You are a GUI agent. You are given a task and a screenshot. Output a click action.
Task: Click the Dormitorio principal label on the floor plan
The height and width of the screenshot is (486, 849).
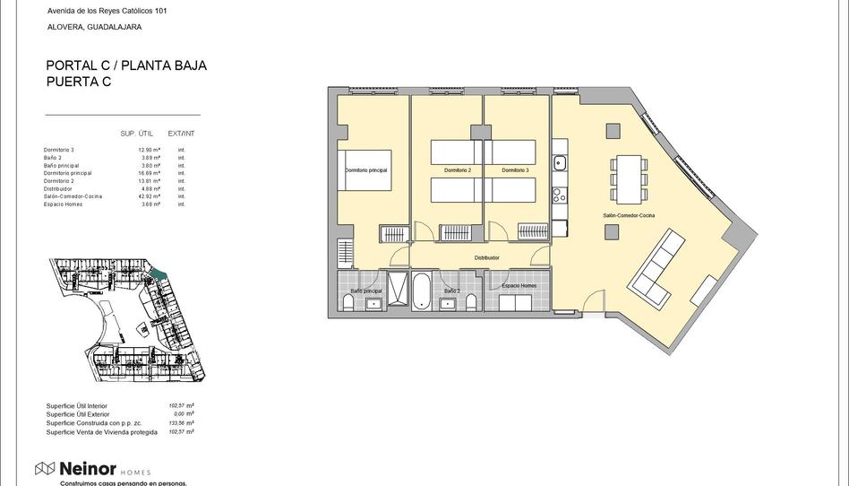(366, 169)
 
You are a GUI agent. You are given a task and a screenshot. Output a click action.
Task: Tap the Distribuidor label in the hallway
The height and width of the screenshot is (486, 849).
(486, 258)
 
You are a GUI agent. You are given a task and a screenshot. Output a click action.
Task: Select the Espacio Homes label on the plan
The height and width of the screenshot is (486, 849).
(519, 286)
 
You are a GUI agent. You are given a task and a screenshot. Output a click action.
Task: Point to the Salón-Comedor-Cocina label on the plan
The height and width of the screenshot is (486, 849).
(629, 216)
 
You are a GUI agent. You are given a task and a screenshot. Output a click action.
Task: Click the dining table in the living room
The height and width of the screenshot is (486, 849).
(629, 177)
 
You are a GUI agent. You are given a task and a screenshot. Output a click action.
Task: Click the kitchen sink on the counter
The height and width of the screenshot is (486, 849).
(559, 163)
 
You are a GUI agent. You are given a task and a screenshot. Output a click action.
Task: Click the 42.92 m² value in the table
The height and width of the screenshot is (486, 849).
(150, 196)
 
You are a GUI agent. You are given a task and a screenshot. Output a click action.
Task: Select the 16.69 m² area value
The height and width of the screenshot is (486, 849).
(150, 173)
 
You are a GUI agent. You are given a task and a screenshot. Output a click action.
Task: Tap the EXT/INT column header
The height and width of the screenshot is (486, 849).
(181, 134)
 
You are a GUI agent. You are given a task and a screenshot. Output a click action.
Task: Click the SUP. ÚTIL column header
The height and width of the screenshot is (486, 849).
(137, 134)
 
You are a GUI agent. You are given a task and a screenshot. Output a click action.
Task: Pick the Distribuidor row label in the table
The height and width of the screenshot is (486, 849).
(58, 189)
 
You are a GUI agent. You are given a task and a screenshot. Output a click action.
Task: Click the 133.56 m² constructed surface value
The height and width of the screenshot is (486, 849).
(181, 423)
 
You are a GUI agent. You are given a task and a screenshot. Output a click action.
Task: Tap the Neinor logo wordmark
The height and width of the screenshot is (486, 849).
(87, 469)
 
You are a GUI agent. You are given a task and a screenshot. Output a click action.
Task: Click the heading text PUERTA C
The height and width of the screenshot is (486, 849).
(79, 82)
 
